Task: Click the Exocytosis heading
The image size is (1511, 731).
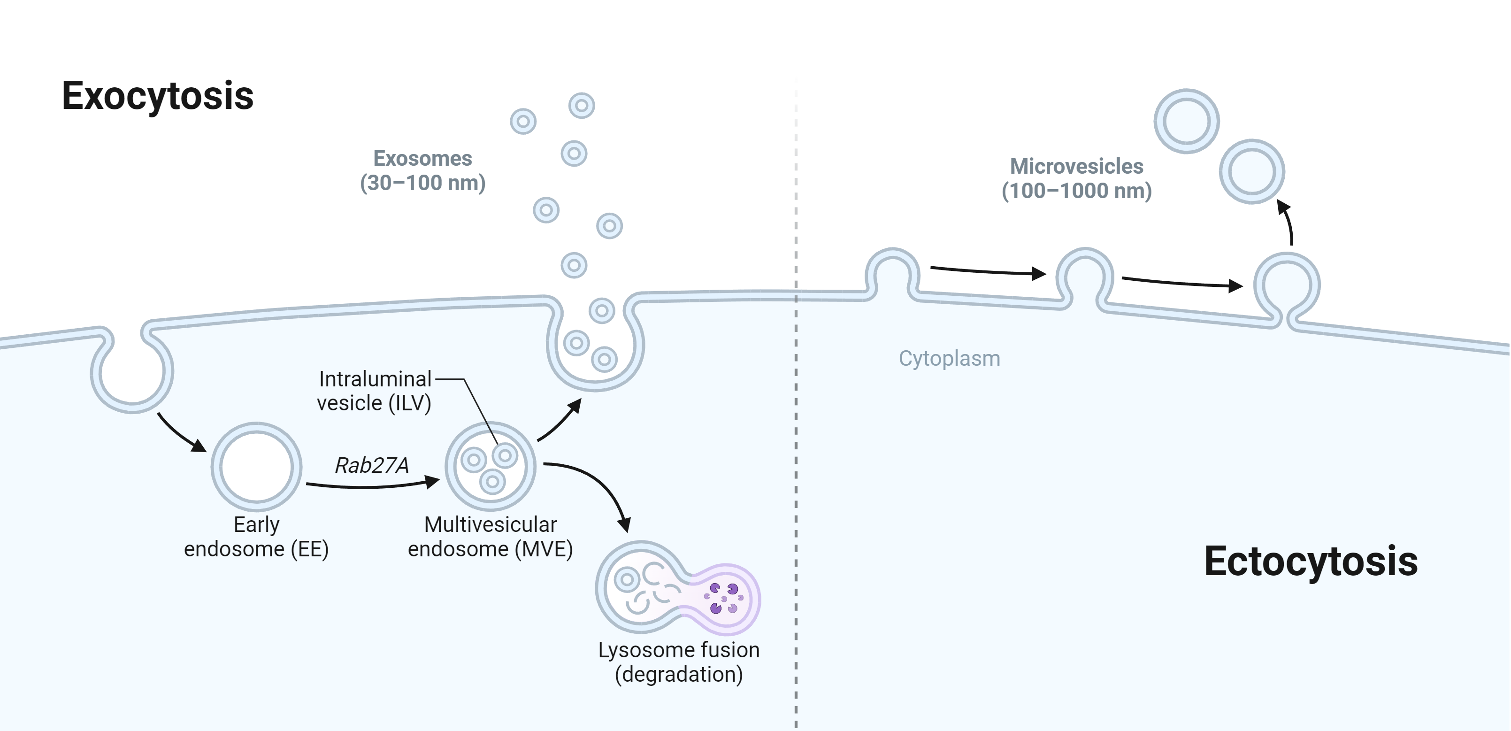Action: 157,96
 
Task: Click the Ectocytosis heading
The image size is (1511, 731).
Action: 1311,562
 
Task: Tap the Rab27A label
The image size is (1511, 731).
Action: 371,465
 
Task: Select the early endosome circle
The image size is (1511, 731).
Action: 256,466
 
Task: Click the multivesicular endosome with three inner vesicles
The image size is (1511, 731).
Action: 491,466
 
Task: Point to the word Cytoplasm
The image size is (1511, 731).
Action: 949,359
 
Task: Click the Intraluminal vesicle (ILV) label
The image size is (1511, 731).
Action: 374,391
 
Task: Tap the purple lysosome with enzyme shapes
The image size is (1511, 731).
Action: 724,599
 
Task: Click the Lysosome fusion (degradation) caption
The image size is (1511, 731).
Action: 679,662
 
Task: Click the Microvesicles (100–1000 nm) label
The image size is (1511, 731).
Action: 1076,178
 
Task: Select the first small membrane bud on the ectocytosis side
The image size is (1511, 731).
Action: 892,273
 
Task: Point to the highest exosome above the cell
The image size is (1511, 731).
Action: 581,106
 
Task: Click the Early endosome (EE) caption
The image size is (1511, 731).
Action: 256,537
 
